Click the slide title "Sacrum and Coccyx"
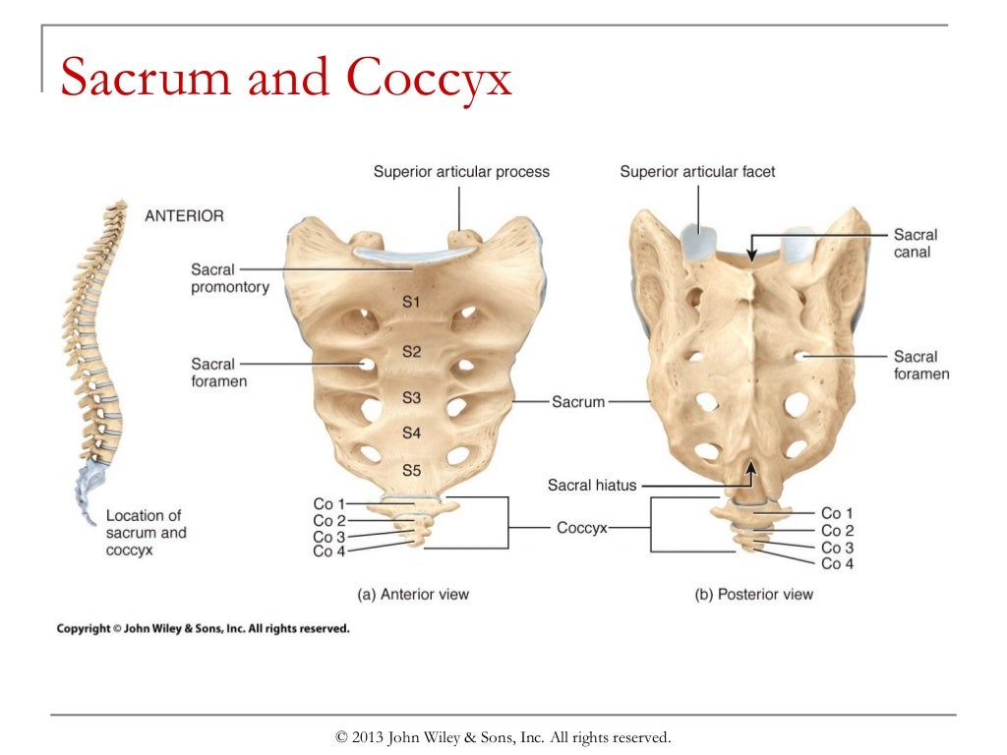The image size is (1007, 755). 285,79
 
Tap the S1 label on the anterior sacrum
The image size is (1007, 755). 411,303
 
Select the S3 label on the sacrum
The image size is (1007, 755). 411,398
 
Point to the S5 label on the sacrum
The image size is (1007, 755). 411,471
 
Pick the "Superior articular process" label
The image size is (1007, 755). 461,172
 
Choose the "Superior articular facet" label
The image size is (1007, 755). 697,172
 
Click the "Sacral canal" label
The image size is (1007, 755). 915,243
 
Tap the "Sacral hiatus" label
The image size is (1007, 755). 592,485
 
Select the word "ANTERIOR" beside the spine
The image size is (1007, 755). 185,215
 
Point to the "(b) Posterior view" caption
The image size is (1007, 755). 754,594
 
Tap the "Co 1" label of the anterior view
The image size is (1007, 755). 329,504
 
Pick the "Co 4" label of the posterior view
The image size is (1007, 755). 837,563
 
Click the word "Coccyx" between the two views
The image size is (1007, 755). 581,528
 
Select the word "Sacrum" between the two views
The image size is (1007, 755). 577,402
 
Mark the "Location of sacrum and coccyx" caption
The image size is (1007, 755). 146,533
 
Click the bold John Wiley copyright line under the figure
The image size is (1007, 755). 203,628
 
